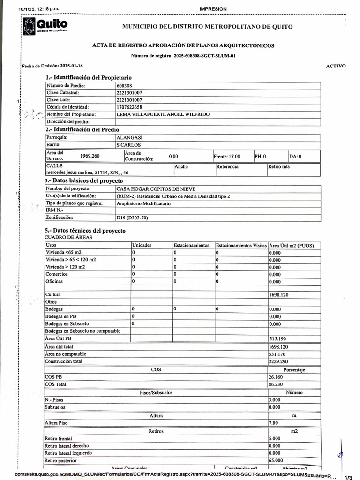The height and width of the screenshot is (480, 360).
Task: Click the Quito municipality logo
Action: pos(45,26)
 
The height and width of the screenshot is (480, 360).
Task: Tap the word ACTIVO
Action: pos(336,66)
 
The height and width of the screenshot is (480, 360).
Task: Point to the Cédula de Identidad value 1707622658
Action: pos(129,107)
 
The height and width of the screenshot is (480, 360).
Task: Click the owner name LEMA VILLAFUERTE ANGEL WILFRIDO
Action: pos(163,114)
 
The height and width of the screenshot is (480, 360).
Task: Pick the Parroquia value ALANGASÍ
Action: pos(129,138)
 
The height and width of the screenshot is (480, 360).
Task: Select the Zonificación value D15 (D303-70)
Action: pos(134,217)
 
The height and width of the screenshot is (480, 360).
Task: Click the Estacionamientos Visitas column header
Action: pos(241,245)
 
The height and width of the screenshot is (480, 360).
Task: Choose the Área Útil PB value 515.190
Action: pos(277,338)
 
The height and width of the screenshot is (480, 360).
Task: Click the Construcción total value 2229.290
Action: pos(278,361)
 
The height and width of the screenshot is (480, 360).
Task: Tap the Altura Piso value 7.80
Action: pos(273,423)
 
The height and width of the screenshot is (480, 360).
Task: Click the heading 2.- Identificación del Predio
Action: pos(82,129)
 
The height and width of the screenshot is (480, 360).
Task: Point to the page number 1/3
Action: pos(348,477)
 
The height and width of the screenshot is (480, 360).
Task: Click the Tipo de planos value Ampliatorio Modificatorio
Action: pos(143,203)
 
